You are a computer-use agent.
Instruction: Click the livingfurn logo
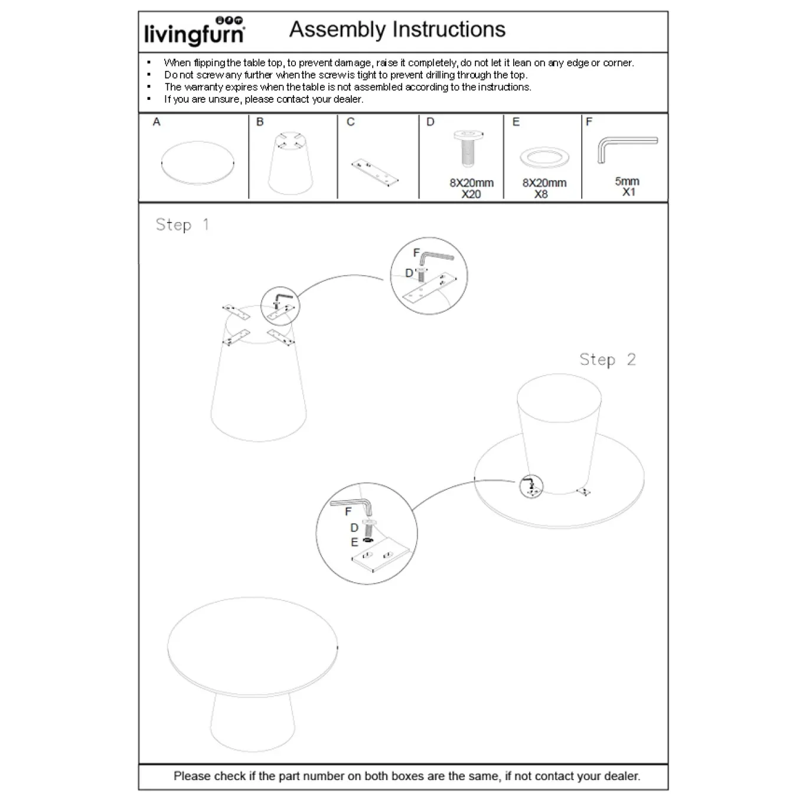point(194,31)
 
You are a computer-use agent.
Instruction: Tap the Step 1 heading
point(182,225)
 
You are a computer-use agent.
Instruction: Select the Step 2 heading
point(608,360)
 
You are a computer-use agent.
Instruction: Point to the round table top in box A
point(197,163)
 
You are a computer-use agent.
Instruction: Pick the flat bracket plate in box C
point(375,172)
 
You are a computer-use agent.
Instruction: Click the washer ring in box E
point(544,158)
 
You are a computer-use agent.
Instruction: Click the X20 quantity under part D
point(471,194)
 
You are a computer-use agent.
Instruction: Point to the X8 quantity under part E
point(541,194)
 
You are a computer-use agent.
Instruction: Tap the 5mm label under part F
point(627,181)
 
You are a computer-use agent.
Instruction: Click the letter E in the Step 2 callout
point(354,543)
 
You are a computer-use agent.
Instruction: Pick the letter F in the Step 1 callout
point(416,253)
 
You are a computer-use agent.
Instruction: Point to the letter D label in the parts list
point(430,122)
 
